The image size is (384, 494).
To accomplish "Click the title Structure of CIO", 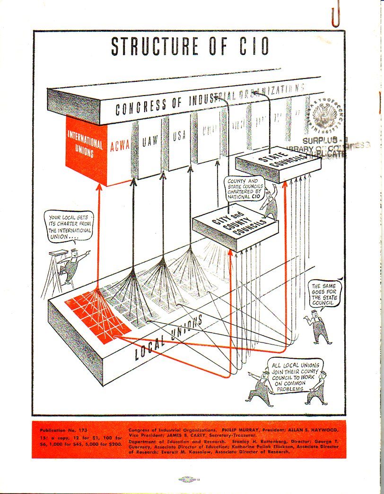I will (x=190, y=46).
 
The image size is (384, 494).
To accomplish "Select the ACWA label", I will (x=120, y=145).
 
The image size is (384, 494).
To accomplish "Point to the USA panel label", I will (x=179, y=136).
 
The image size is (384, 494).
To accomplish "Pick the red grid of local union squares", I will (x=98, y=315).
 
